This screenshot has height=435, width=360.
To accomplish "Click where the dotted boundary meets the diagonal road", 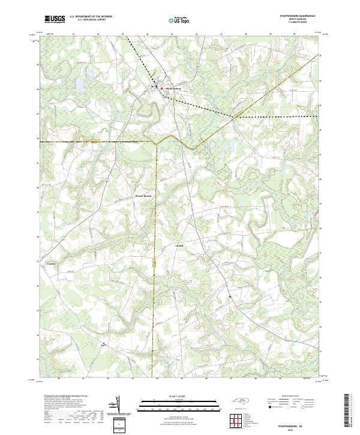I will click(x=234, y=115).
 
